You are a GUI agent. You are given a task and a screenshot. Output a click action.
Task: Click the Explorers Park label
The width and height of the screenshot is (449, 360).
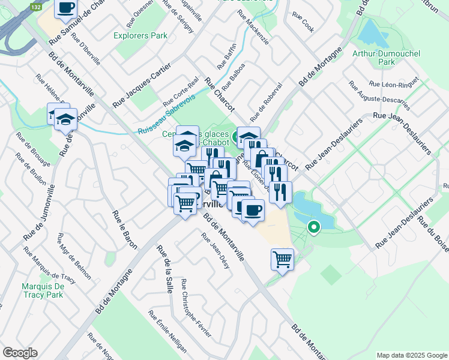(140, 35)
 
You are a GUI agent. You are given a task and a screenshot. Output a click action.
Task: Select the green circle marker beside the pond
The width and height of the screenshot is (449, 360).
(313, 227)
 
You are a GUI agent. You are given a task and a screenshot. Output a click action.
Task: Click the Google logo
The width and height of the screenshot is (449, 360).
(20, 353)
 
